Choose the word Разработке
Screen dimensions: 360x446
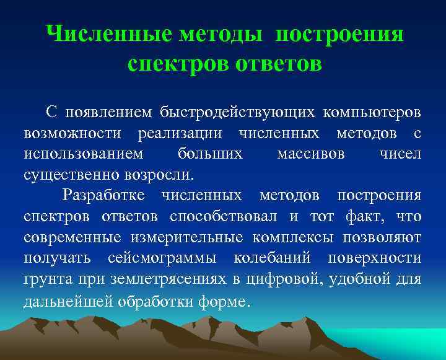(x=103, y=196)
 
